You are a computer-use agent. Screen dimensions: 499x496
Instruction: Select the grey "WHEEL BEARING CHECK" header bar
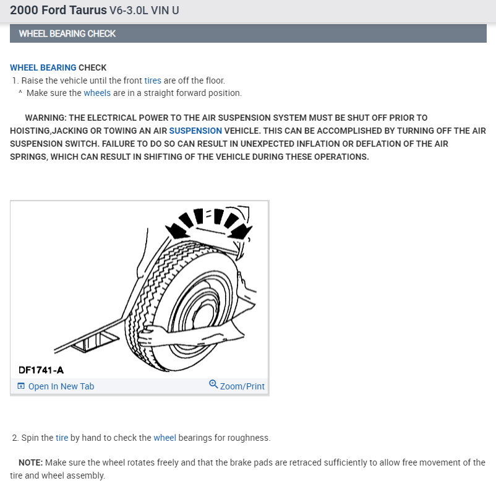click(x=248, y=33)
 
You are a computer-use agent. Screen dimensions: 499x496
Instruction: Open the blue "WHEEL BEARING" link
click(x=43, y=67)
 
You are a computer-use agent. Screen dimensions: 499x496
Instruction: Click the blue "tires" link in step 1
click(x=153, y=80)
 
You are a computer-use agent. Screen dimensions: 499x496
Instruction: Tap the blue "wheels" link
click(x=97, y=93)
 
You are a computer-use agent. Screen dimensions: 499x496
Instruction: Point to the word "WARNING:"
click(x=45, y=118)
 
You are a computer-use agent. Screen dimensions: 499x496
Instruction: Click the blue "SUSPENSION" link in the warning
click(x=195, y=131)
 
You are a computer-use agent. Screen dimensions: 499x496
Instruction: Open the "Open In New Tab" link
click(x=61, y=386)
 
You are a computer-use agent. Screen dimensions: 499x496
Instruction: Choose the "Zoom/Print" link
click(x=242, y=386)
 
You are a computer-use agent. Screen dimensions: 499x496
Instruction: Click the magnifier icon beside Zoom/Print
click(x=213, y=384)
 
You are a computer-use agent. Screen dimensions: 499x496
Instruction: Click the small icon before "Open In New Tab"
click(x=21, y=386)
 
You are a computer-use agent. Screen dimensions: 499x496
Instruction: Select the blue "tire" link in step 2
click(x=62, y=438)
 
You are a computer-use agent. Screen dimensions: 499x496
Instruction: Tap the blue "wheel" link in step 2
click(x=165, y=438)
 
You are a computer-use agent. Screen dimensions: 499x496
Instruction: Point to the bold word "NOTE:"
click(x=30, y=462)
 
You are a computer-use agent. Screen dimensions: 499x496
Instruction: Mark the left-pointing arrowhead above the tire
click(x=179, y=230)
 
